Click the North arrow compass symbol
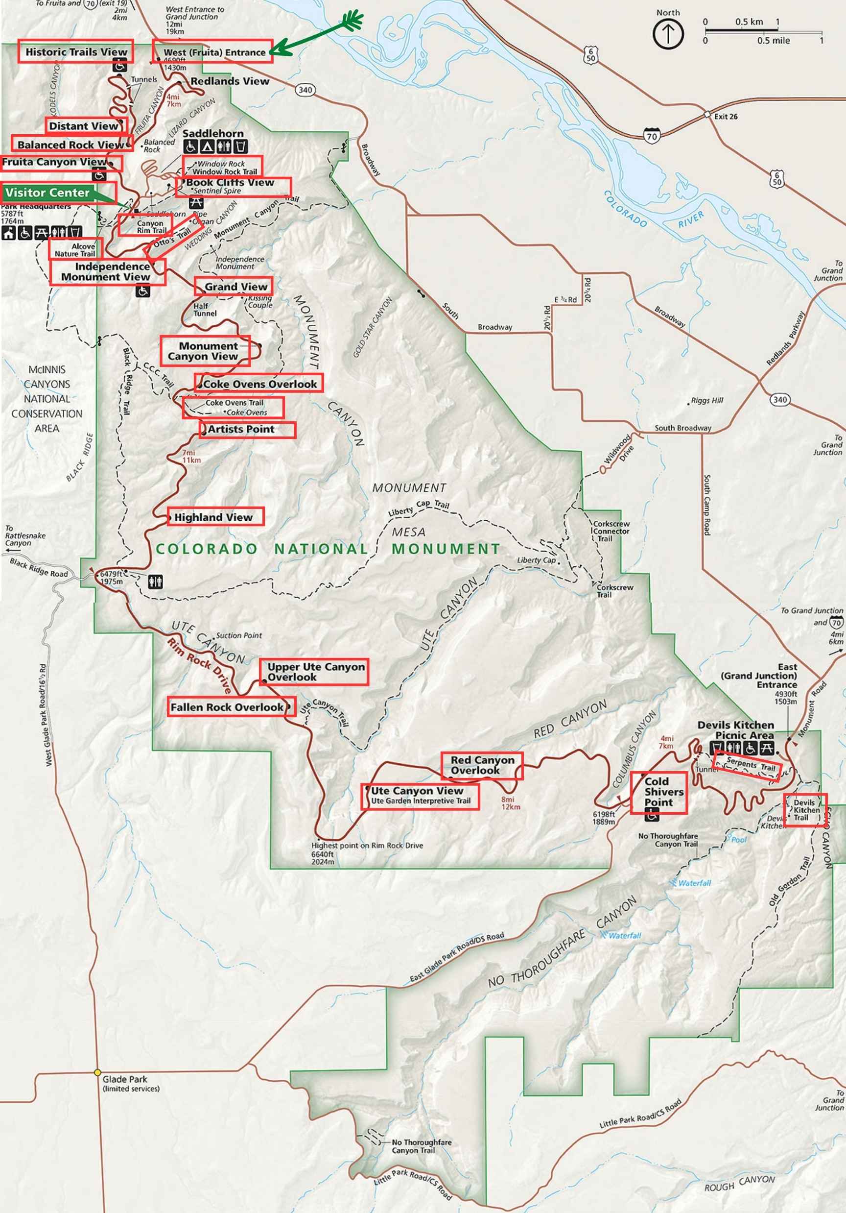click(x=668, y=34)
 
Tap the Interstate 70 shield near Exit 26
click(x=652, y=136)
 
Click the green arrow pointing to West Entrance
click(x=317, y=35)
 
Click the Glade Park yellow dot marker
click(x=97, y=1072)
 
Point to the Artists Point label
click(x=247, y=430)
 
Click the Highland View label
click(x=215, y=517)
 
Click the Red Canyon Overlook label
click(x=482, y=766)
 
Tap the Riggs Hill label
click(x=707, y=400)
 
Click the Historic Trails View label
click(x=75, y=52)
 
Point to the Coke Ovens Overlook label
click(x=259, y=384)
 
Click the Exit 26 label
click(x=726, y=117)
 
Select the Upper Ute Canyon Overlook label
click(x=314, y=672)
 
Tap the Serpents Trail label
click(x=750, y=765)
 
